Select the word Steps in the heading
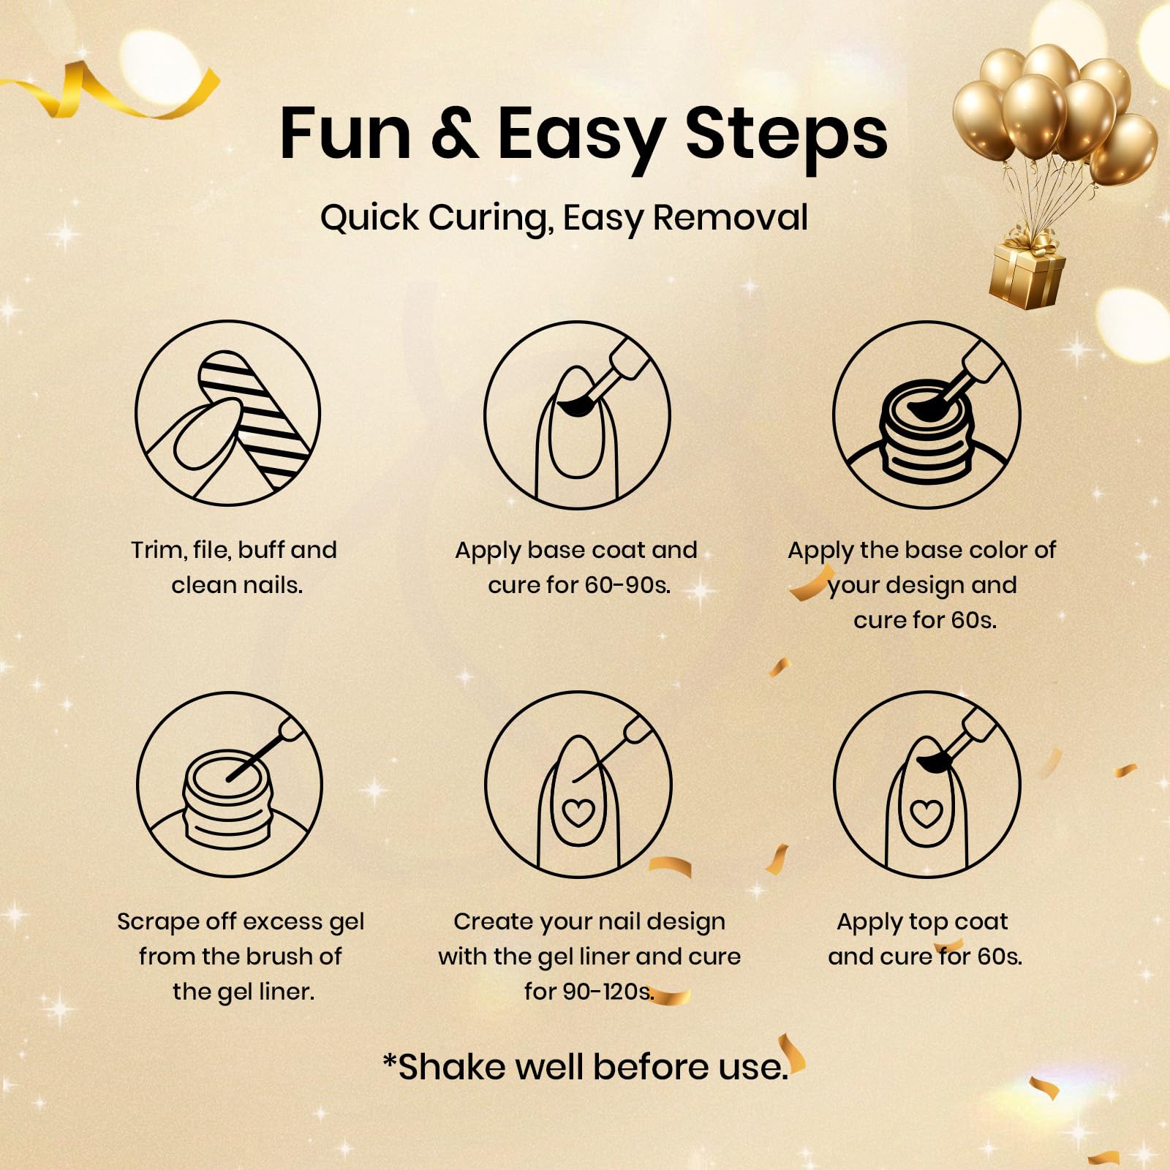click(x=786, y=137)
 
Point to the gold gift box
click(x=1027, y=268)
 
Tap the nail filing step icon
click(x=228, y=413)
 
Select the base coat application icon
click(x=578, y=415)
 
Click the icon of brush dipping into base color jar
click(x=926, y=415)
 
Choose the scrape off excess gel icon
click(x=230, y=785)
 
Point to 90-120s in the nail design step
click(x=589, y=992)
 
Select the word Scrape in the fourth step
click(x=158, y=922)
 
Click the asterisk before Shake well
click(x=390, y=1060)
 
